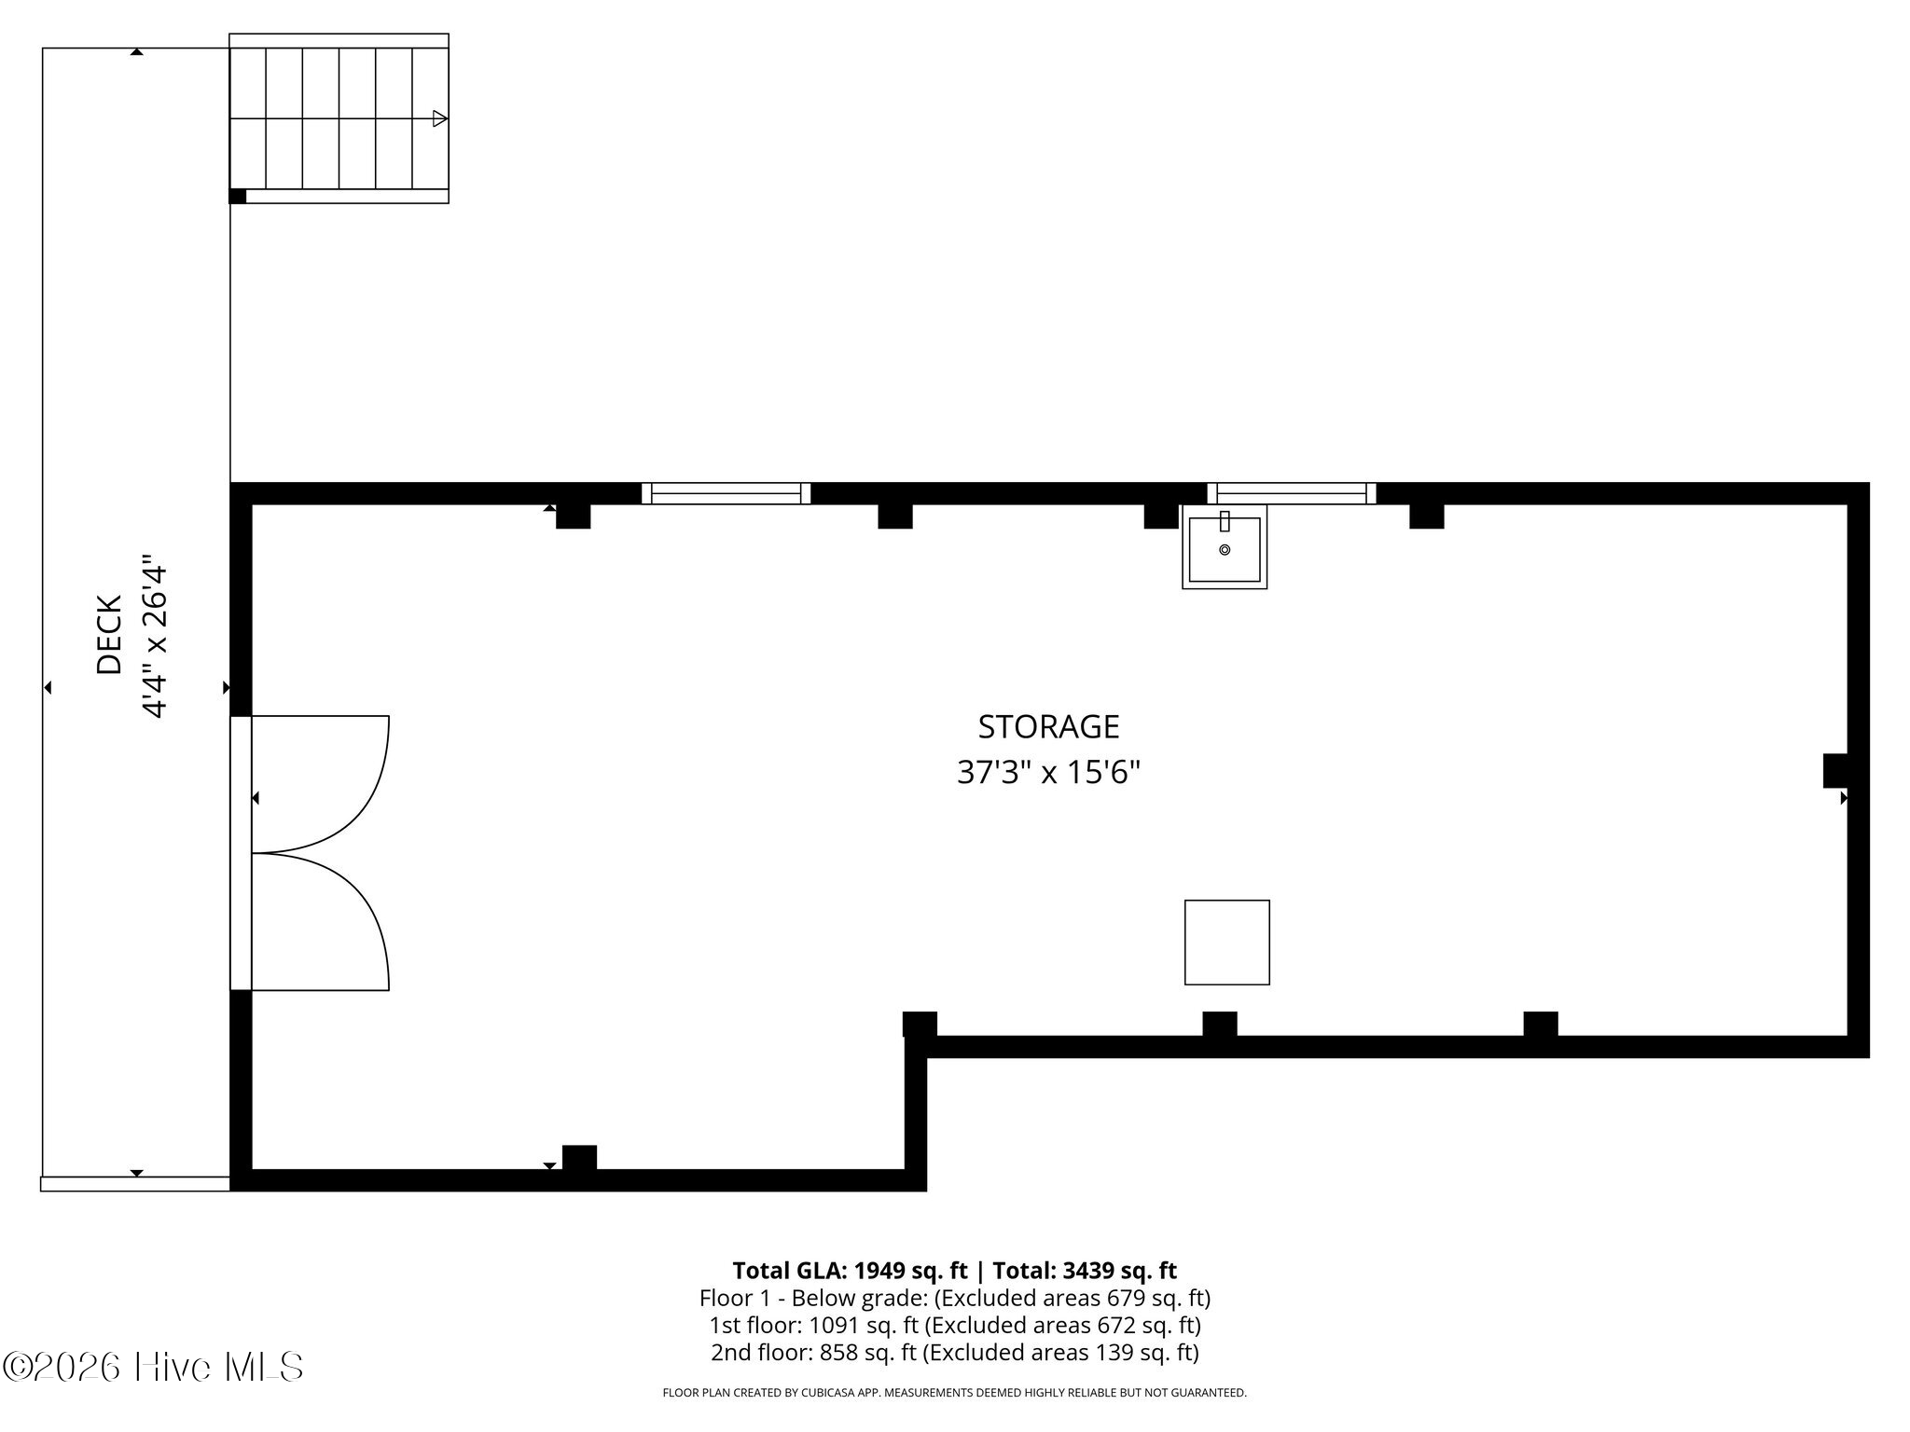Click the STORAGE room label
(1048, 726)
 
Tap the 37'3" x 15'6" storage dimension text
(1048, 773)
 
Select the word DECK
(109, 635)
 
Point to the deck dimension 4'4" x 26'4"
(154, 640)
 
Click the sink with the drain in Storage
(1225, 547)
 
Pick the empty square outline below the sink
(1226, 942)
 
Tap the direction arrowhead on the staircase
(440, 118)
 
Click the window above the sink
(1292, 493)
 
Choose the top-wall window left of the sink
(726, 493)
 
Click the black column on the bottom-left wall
(579, 1157)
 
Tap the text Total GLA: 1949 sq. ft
(850, 1271)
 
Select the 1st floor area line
(955, 1325)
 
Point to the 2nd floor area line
(955, 1352)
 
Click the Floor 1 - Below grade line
(955, 1298)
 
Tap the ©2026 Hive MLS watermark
(153, 1367)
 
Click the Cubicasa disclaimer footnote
(954, 1393)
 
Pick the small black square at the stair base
(238, 196)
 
